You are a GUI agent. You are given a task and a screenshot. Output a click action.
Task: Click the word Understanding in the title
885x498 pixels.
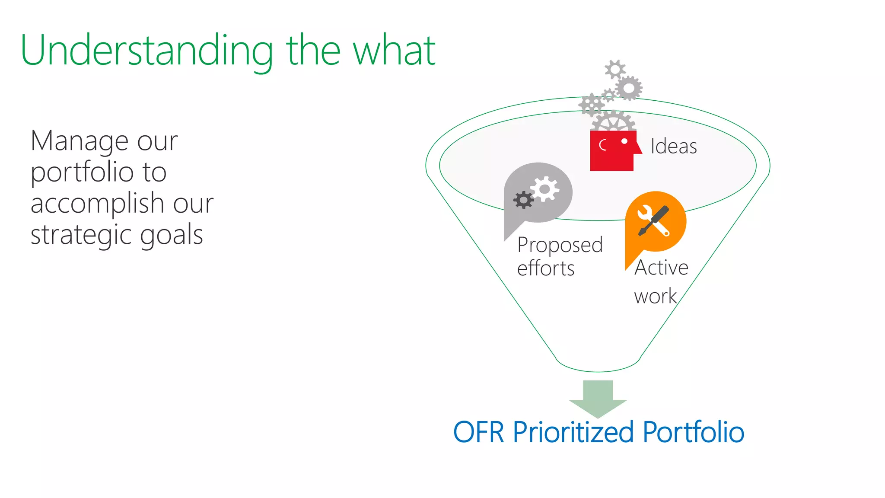coord(147,51)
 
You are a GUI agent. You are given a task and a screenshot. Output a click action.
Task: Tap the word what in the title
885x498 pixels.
coord(394,51)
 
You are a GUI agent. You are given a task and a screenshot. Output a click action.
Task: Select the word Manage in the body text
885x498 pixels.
coord(80,141)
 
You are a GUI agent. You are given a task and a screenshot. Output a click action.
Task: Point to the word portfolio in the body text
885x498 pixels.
coord(82,173)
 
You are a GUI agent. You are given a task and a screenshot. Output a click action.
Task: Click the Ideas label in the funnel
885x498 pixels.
coord(673,146)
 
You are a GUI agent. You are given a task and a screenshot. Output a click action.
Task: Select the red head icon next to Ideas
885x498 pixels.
coord(613,150)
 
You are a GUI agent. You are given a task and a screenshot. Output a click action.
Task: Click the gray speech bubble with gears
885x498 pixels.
coord(538,195)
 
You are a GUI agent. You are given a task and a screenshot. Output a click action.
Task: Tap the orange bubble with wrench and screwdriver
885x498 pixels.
coord(656,221)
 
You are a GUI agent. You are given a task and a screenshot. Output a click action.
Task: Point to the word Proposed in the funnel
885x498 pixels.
coord(560,245)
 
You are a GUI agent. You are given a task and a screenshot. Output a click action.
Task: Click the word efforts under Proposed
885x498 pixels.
coord(545,268)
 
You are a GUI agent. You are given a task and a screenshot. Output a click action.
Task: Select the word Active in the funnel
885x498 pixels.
coord(661,267)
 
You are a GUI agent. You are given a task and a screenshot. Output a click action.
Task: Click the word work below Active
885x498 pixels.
coord(655,297)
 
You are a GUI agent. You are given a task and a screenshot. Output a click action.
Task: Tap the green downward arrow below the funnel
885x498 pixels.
coord(598,398)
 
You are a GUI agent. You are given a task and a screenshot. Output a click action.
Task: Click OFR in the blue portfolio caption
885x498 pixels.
coord(478,432)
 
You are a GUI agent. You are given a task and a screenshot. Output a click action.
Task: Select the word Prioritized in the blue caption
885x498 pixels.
coord(573,432)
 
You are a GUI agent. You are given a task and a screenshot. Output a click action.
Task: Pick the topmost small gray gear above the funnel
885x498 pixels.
coord(615,69)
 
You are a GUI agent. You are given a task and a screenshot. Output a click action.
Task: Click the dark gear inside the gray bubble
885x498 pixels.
coord(523,200)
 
